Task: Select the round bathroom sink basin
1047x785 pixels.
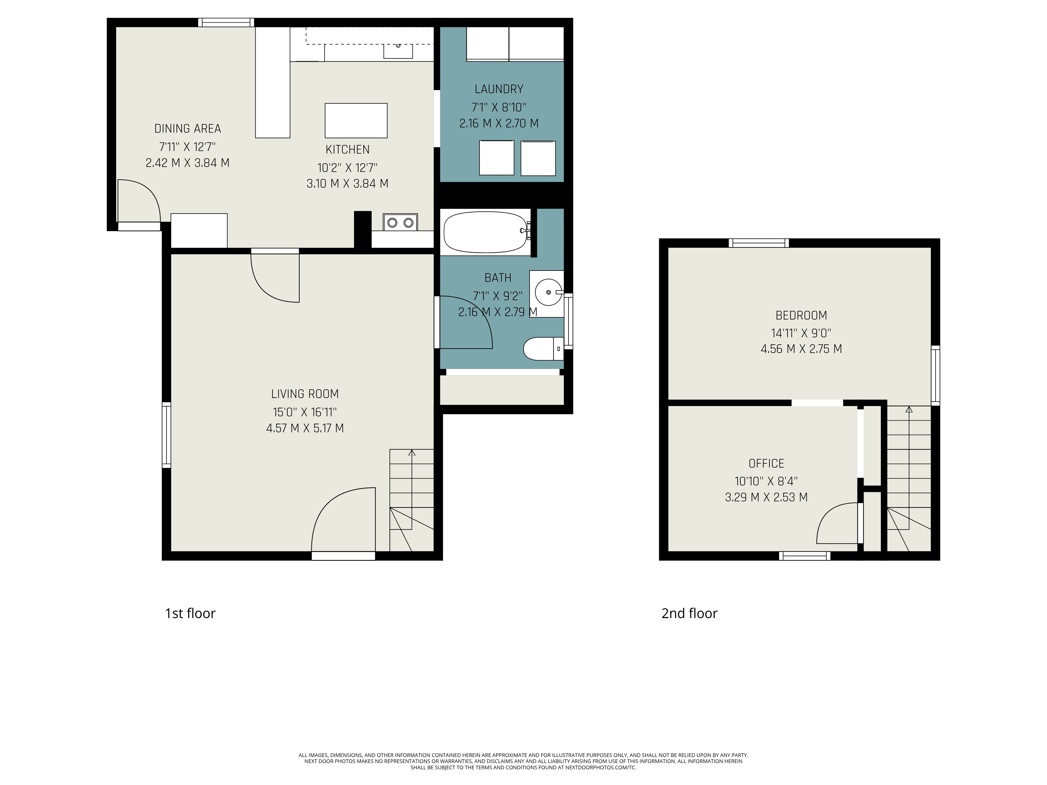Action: [x=549, y=293]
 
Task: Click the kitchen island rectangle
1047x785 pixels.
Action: [x=356, y=121]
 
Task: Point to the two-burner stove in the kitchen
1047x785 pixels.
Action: [x=400, y=222]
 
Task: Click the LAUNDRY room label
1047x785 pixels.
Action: [x=499, y=89]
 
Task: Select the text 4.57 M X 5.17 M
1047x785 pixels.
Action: [x=305, y=428]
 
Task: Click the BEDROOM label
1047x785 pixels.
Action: [x=801, y=315]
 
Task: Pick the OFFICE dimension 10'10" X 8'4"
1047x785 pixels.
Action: [x=766, y=481]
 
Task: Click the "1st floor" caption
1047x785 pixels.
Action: [x=190, y=613]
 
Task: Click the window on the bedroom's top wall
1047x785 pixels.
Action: [x=759, y=243]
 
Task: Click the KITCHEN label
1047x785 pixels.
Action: [x=347, y=149]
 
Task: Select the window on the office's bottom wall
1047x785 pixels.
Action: [x=805, y=556]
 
